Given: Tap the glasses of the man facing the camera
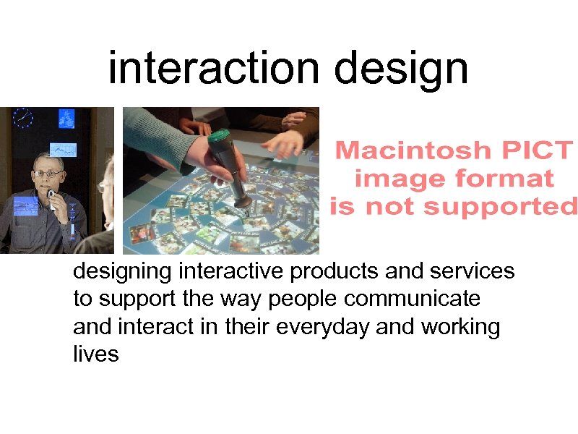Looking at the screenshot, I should tap(48, 174).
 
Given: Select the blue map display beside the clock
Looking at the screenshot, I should tap(65, 118).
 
